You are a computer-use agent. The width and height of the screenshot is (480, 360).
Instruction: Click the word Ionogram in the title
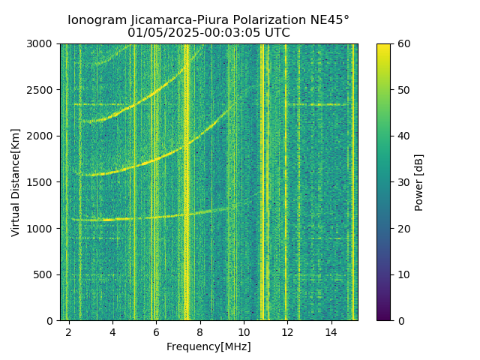pyautogui.click(x=98, y=20)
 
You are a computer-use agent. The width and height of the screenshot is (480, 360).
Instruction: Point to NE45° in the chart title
pyautogui.click(x=327, y=20)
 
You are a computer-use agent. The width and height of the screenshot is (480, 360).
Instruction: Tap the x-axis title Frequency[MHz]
pyautogui.click(x=208, y=346)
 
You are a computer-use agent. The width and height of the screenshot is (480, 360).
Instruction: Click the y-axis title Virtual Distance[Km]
pyautogui.click(x=16, y=182)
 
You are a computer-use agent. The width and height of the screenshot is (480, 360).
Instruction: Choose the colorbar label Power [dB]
pyautogui.click(x=419, y=182)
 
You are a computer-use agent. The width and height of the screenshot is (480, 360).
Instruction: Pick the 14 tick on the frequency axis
pyautogui.click(x=331, y=331)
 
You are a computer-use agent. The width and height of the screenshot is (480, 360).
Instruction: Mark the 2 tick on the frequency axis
pyautogui.click(x=69, y=331)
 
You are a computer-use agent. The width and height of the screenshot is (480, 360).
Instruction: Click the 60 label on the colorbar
pyautogui.click(x=403, y=43)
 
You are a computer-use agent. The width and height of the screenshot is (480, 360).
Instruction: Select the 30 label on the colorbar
pyautogui.click(x=403, y=182)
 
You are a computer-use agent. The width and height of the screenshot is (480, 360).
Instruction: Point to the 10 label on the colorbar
pyautogui.click(x=403, y=274)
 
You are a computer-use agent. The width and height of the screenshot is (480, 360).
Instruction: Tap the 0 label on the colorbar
pyautogui.click(x=400, y=320)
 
